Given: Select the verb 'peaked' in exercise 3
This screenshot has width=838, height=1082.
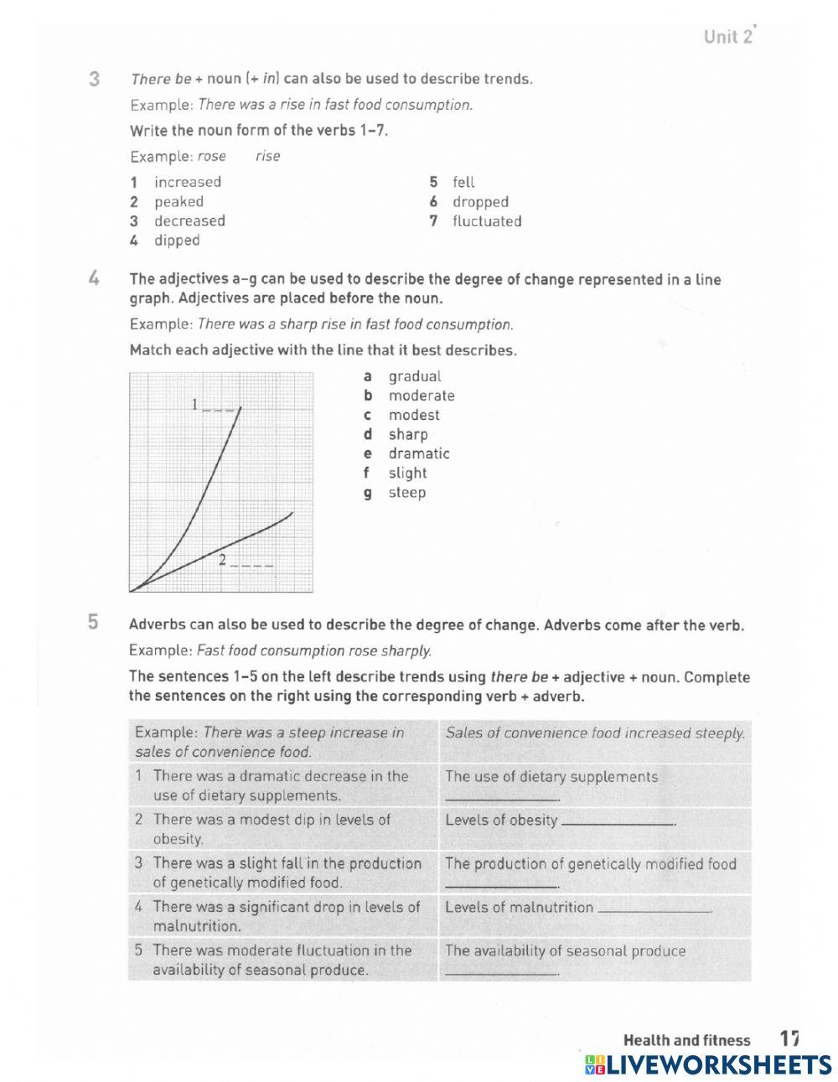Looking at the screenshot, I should pyautogui.click(x=178, y=201).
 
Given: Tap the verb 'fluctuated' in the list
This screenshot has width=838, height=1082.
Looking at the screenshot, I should pyautogui.click(x=487, y=221).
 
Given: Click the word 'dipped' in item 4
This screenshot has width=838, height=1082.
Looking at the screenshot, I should pyautogui.click(x=177, y=241).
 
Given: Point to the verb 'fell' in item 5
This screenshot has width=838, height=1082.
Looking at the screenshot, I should pyautogui.click(x=463, y=182).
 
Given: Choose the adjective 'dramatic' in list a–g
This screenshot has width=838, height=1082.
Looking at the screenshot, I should pyautogui.click(x=418, y=453).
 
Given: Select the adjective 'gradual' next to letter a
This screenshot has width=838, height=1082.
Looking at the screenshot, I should pyautogui.click(x=414, y=376).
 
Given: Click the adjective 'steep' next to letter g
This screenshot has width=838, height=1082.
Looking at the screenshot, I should pyautogui.click(x=406, y=492).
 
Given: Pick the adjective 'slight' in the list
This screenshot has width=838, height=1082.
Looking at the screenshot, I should pyautogui.click(x=407, y=473).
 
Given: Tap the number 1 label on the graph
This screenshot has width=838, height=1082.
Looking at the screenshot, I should pyautogui.click(x=195, y=405).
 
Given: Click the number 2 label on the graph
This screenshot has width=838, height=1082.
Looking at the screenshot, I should pyautogui.click(x=222, y=559).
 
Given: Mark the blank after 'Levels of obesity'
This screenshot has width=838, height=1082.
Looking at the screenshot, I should pyautogui.click(x=618, y=823).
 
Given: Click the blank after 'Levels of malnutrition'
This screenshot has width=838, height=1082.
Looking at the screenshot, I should pyautogui.click(x=654, y=910).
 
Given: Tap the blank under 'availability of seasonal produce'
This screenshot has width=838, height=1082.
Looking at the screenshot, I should pyautogui.click(x=501, y=972).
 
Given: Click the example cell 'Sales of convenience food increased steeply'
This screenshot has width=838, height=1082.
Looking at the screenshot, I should pyautogui.click(x=595, y=733).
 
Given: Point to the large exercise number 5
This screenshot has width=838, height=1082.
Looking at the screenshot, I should pyautogui.click(x=93, y=622).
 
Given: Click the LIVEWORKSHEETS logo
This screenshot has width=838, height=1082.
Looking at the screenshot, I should pyautogui.click(x=708, y=1064).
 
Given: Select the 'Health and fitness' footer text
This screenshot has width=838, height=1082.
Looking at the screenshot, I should pyautogui.click(x=686, y=1040).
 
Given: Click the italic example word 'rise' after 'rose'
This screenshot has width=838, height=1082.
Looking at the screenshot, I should pyautogui.click(x=268, y=156).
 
